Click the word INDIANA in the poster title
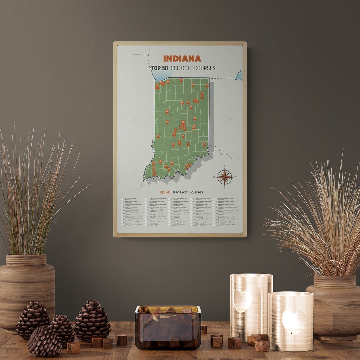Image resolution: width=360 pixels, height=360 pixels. point(182,59)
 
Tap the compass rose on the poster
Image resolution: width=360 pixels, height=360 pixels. point(224,177)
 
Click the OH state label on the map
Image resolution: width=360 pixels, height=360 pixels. point(227,119)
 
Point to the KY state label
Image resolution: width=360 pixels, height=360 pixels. point(203,178)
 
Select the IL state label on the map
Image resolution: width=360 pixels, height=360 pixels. point(135,119)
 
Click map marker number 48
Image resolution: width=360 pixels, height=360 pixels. point(195,118)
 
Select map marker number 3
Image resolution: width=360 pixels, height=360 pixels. point(204,144)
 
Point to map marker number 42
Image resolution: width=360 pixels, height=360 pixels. point(172,163)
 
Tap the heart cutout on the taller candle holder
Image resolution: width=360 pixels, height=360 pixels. point(242,300)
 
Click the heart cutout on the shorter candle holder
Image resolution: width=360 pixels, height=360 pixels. point(293,322)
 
